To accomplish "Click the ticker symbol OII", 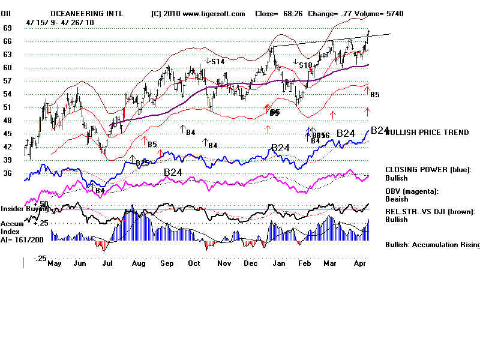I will click(x=7, y=13).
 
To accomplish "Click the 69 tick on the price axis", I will click(x=8, y=28).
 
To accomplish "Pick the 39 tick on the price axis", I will click(x=8, y=160).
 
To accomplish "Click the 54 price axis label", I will click(x=8, y=94).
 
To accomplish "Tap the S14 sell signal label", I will click(x=217, y=61).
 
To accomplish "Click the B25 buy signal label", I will click(x=142, y=163).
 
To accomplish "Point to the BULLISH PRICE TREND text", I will click(x=427, y=133).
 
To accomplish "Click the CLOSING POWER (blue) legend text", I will click(x=428, y=170).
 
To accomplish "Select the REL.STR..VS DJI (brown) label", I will click(x=430, y=211).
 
